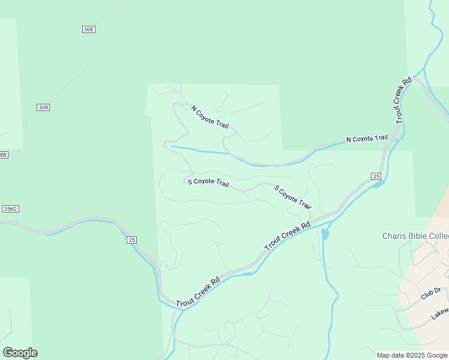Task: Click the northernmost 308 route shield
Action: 89,29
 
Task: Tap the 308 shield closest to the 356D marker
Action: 43,107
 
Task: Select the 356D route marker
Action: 10,209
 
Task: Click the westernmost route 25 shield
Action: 132,240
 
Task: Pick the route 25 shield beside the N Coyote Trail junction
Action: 376,176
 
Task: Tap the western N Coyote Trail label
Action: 210,117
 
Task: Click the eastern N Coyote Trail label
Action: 367,139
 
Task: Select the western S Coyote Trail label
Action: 208,182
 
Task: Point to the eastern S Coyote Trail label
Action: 293,197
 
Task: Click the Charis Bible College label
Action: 415,236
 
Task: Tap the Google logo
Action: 20,353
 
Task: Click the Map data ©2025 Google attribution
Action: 412,355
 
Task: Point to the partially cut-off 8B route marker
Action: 4,155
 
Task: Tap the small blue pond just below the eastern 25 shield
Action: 377,184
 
